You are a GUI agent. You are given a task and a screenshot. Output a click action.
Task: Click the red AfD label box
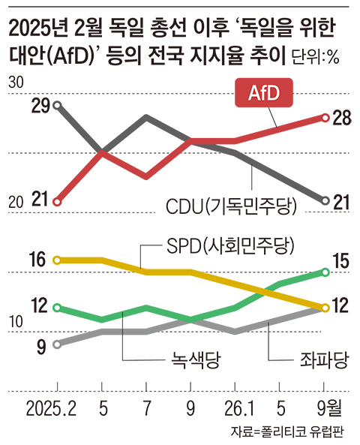tap(264, 92)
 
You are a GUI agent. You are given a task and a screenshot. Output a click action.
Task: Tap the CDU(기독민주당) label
tap(231, 206)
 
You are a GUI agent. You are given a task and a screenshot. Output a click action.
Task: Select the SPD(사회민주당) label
tap(230, 246)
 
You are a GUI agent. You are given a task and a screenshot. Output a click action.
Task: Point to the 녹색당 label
tap(196, 360)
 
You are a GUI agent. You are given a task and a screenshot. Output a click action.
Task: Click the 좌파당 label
tap(324, 360)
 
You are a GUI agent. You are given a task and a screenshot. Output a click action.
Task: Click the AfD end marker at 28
tap(325, 118)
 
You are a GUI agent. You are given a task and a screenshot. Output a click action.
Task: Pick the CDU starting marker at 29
tap(57, 106)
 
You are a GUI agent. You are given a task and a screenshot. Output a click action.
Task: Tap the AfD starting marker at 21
tap(57, 202)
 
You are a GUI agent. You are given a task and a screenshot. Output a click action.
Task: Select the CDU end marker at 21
tap(325, 201)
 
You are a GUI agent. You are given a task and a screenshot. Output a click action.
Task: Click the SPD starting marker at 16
tap(57, 260)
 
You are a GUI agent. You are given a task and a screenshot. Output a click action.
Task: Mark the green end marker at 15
tap(325, 272)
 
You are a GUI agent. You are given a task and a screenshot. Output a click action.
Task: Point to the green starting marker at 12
tap(57, 308)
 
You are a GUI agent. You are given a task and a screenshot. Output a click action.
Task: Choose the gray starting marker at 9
tap(57, 344)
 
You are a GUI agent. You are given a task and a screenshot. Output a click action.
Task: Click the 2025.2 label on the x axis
tap(51, 408)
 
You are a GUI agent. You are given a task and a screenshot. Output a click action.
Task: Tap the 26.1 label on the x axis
tap(239, 408)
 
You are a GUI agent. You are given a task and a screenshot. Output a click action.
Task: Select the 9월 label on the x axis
tap(329, 408)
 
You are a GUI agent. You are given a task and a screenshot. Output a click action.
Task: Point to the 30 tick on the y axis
tap(16, 83)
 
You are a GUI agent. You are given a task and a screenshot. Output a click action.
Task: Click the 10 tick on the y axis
tap(16, 322)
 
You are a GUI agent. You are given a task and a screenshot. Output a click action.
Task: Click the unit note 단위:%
tap(315, 57)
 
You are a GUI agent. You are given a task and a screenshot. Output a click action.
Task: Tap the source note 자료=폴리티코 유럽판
tap(287, 431)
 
